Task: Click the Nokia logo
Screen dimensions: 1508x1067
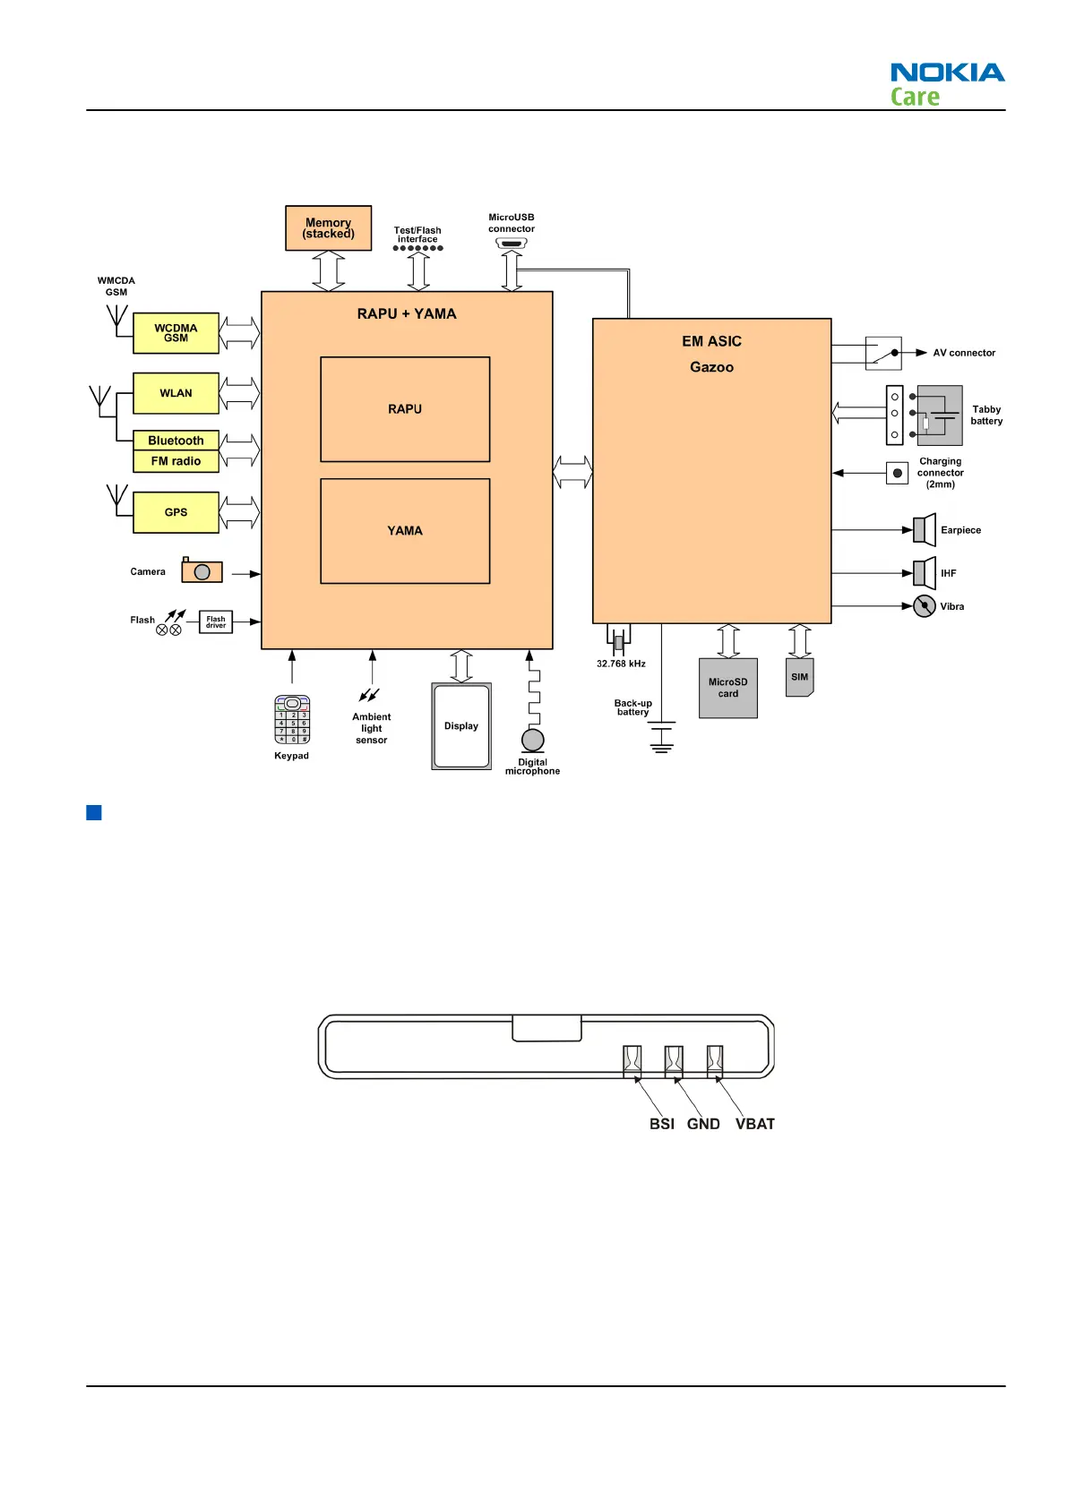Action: [947, 73]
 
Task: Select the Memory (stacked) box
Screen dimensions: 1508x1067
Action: [328, 228]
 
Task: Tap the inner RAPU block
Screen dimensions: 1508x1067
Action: [405, 409]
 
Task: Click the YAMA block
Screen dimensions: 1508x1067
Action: [405, 531]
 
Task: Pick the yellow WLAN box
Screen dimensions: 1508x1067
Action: [176, 393]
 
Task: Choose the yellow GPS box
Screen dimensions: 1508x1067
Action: [176, 512]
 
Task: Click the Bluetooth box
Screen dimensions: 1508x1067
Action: [176, 441]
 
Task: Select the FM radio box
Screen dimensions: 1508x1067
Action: [176, 461]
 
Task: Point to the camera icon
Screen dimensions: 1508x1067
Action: [202, 570]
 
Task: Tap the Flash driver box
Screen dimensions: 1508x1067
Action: [216, 621]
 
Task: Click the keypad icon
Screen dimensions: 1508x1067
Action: [292, 720]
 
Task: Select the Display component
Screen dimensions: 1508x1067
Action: [461, 726]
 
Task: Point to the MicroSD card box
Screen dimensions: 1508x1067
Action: [728, 688]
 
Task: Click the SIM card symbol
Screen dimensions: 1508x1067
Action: [799, 678]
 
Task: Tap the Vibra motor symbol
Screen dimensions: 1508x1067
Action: [925, 606]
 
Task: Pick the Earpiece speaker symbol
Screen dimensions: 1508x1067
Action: [924, 530]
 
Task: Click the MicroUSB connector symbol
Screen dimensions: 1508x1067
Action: [512, 243]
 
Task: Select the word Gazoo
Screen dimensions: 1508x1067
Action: [711, 367]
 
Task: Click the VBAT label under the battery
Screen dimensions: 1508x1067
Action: [754, 1124]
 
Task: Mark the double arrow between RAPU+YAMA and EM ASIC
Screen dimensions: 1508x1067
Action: [572, 472]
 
